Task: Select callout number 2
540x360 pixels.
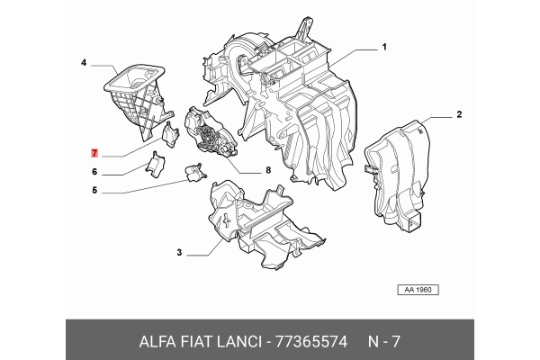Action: (x=458, y=114)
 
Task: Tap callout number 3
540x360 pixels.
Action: (x=179, y=254)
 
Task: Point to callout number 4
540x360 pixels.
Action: (x=83, y=63)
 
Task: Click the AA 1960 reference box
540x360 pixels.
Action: (x=417, y=291)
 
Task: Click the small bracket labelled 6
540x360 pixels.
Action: (x=156, y=165)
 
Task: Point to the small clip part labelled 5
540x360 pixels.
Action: (x=193, y=172)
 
